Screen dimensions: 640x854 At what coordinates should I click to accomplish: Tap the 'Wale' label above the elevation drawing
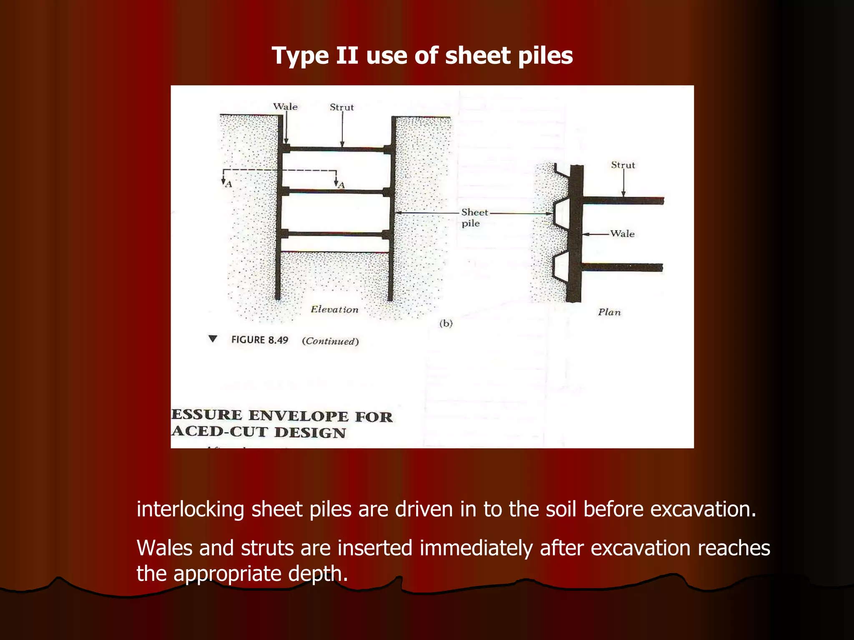285,107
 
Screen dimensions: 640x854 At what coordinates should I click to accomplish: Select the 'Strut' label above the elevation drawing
342,107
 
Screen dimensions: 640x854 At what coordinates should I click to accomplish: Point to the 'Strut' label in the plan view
623,165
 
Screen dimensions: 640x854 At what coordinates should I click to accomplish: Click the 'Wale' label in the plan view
622,234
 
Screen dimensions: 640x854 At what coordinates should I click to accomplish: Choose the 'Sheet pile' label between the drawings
474,217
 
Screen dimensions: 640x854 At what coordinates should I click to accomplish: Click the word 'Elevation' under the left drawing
334,310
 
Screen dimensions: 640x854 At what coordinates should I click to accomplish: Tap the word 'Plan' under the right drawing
609,312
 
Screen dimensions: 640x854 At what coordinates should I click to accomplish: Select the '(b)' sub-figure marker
446,323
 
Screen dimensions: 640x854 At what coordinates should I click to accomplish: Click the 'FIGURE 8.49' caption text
259,340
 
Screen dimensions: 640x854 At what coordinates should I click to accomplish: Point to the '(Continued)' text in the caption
330,341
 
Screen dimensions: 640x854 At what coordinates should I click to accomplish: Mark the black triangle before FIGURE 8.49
213,339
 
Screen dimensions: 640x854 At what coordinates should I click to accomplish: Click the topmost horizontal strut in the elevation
336,149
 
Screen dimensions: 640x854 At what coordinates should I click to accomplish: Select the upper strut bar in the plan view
621,201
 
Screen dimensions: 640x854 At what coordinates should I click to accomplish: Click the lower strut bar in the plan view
621,267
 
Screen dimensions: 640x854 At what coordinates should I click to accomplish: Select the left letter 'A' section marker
228,184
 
